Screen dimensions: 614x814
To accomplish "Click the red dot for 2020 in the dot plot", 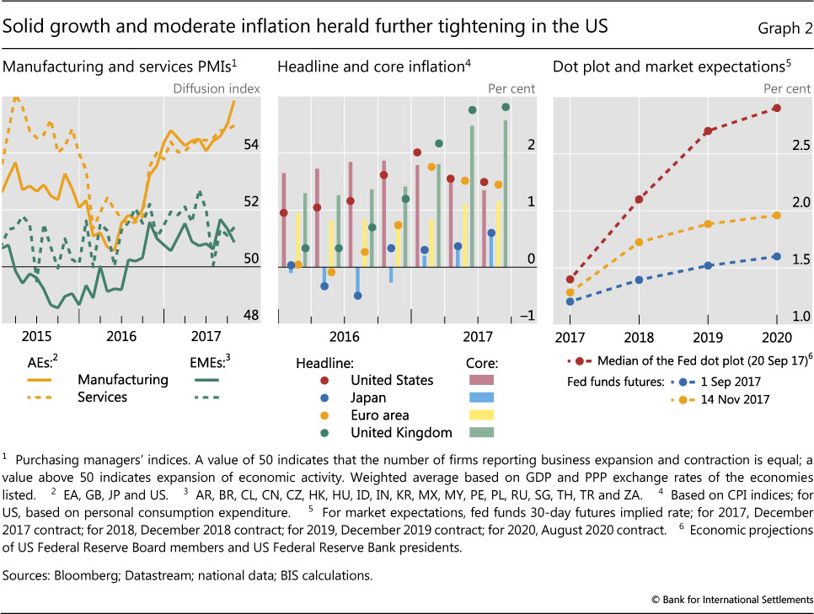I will (x=776, y=108).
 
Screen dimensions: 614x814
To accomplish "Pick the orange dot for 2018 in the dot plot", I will (x=639, y=242).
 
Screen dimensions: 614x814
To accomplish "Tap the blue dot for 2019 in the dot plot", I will (x=708, y=265).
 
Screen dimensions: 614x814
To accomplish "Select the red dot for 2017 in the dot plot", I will (x=570, y=279).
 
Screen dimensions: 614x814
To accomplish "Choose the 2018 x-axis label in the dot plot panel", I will (x=639, y=337).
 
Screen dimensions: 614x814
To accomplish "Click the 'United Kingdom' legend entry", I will (x=401, y=433).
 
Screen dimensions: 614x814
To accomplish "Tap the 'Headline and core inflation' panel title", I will (x=369, y=65).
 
